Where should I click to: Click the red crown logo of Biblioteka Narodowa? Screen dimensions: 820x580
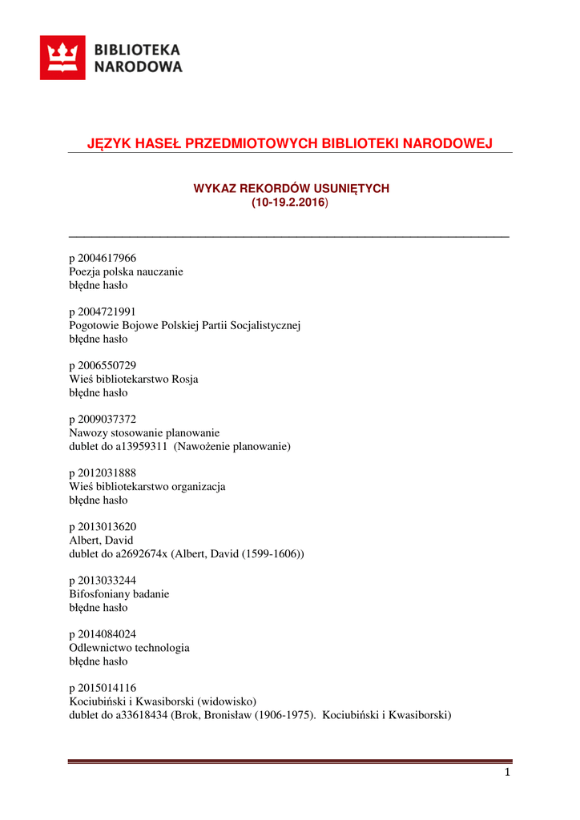pyautogui.click(x=62, y=58)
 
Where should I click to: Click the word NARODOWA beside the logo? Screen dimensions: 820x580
pyautogui.click(x=139, y=67)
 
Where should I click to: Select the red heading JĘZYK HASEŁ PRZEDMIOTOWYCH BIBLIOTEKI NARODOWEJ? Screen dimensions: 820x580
pyautogui.click(x=289, y=143)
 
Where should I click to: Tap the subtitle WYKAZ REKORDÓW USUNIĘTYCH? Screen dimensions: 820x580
pyautogui.click(x=291, y=188)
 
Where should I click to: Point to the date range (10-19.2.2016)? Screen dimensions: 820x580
pyautogui.click(x=290, y=203)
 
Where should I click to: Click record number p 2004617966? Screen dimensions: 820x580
pyautogui.click(x=103, y=258)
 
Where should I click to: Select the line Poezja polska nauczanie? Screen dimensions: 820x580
pyautogui.click(x=126, y=271)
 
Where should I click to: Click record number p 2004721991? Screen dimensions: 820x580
pyautogui.click(x=103, y=312)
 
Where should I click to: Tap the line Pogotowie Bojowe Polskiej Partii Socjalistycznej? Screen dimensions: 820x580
pyautogui.click(x=184, y=325)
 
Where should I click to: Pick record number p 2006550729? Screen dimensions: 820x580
pyautogui.click(x=103, y=365)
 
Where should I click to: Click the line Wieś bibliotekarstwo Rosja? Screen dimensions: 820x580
pyautogui.click(x=134, y=379)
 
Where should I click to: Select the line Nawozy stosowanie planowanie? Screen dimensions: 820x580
pyautogui.click(x=144, y=432)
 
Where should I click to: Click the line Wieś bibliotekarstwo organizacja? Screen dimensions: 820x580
pyautogui.click(x=147, y=486)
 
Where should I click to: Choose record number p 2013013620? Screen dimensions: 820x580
pyautogui.click(x=103, y=527)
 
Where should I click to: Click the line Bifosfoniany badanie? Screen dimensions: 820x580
pyautogui.click(x=119, y=594)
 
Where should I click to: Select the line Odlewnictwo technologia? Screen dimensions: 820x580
pyautogui.click(x=129, y=648)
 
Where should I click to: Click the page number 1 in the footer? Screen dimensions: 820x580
pyautogui.click(x=507, y=773)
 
